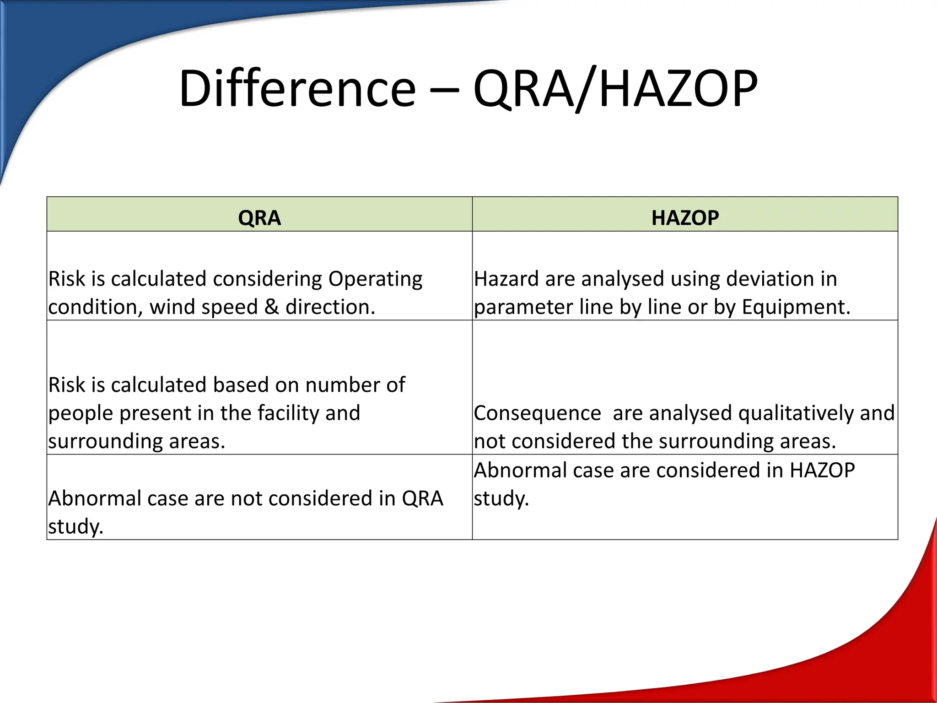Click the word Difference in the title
point(297,88)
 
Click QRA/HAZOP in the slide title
point(615,88)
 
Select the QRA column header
point(259,217)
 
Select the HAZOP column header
point(685,217)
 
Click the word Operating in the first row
point(375,279)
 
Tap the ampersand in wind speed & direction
point(271,307)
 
